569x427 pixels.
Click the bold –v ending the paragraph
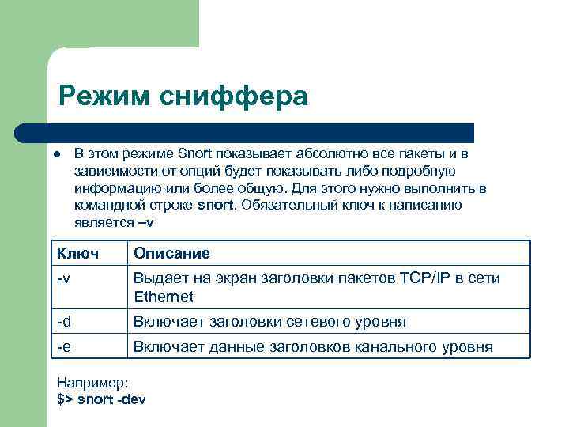tap(145, 222)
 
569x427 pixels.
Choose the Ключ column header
tap(77, 254)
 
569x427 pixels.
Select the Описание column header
tap(171, 254)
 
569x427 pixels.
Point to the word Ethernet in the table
tap(164, 297)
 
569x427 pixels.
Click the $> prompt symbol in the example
tap(66, 399)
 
